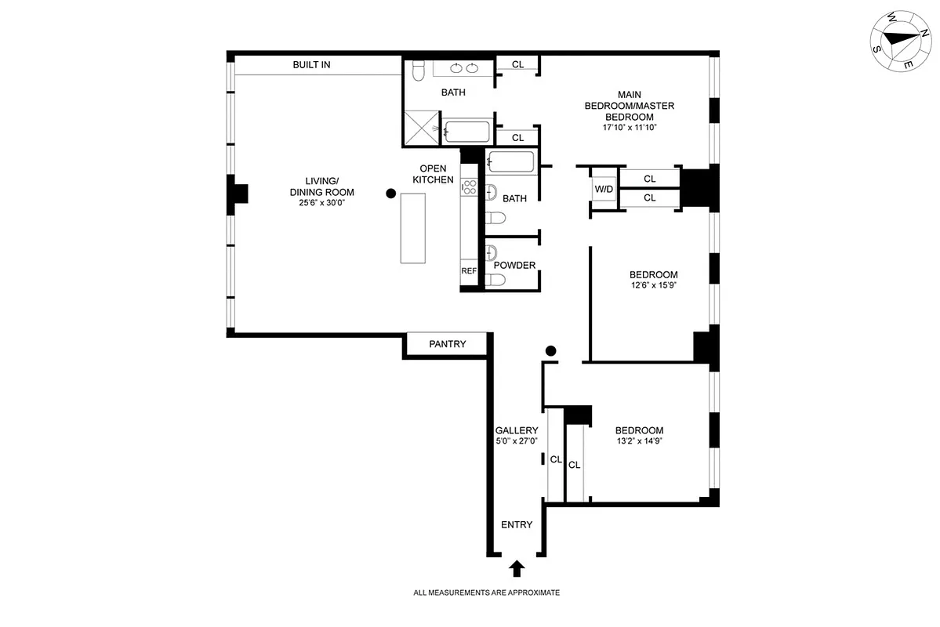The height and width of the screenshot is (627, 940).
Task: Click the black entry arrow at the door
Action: pyautogui.click(x=517, y=567)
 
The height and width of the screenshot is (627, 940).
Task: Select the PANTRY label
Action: pyautogui.click(x=447, y=344)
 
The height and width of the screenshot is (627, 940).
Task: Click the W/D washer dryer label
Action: pyautogui.click(x=604, y=190)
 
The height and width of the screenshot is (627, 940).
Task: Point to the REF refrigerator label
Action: pyautogui.click(x=469, y=270)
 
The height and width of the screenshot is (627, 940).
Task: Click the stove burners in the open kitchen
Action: pyautogui.click(x=470, y=187)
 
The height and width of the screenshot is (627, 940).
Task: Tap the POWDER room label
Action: pyautogui.click(x=514, y=265)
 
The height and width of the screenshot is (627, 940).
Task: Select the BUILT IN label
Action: pyautogui.click(x=311, y=65)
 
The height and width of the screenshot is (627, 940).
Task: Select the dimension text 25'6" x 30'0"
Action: pyautogui.click(x=322, y=203)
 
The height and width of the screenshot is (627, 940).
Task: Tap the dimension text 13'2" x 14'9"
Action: pyautogui.click(x=639, y=441)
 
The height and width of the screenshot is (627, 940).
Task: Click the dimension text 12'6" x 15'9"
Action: pyautogui.click(x=653, y=285)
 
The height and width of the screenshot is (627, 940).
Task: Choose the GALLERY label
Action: pyautogui.click(x=517, y=430)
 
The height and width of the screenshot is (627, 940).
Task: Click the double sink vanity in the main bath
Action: pyautogui.click(x=463, y=67)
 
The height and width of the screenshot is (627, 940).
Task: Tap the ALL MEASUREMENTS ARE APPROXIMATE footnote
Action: pyautogui.click(x=486, y=593)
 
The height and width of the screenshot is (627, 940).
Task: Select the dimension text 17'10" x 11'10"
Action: pyautogui.click(x=629, y=128)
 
